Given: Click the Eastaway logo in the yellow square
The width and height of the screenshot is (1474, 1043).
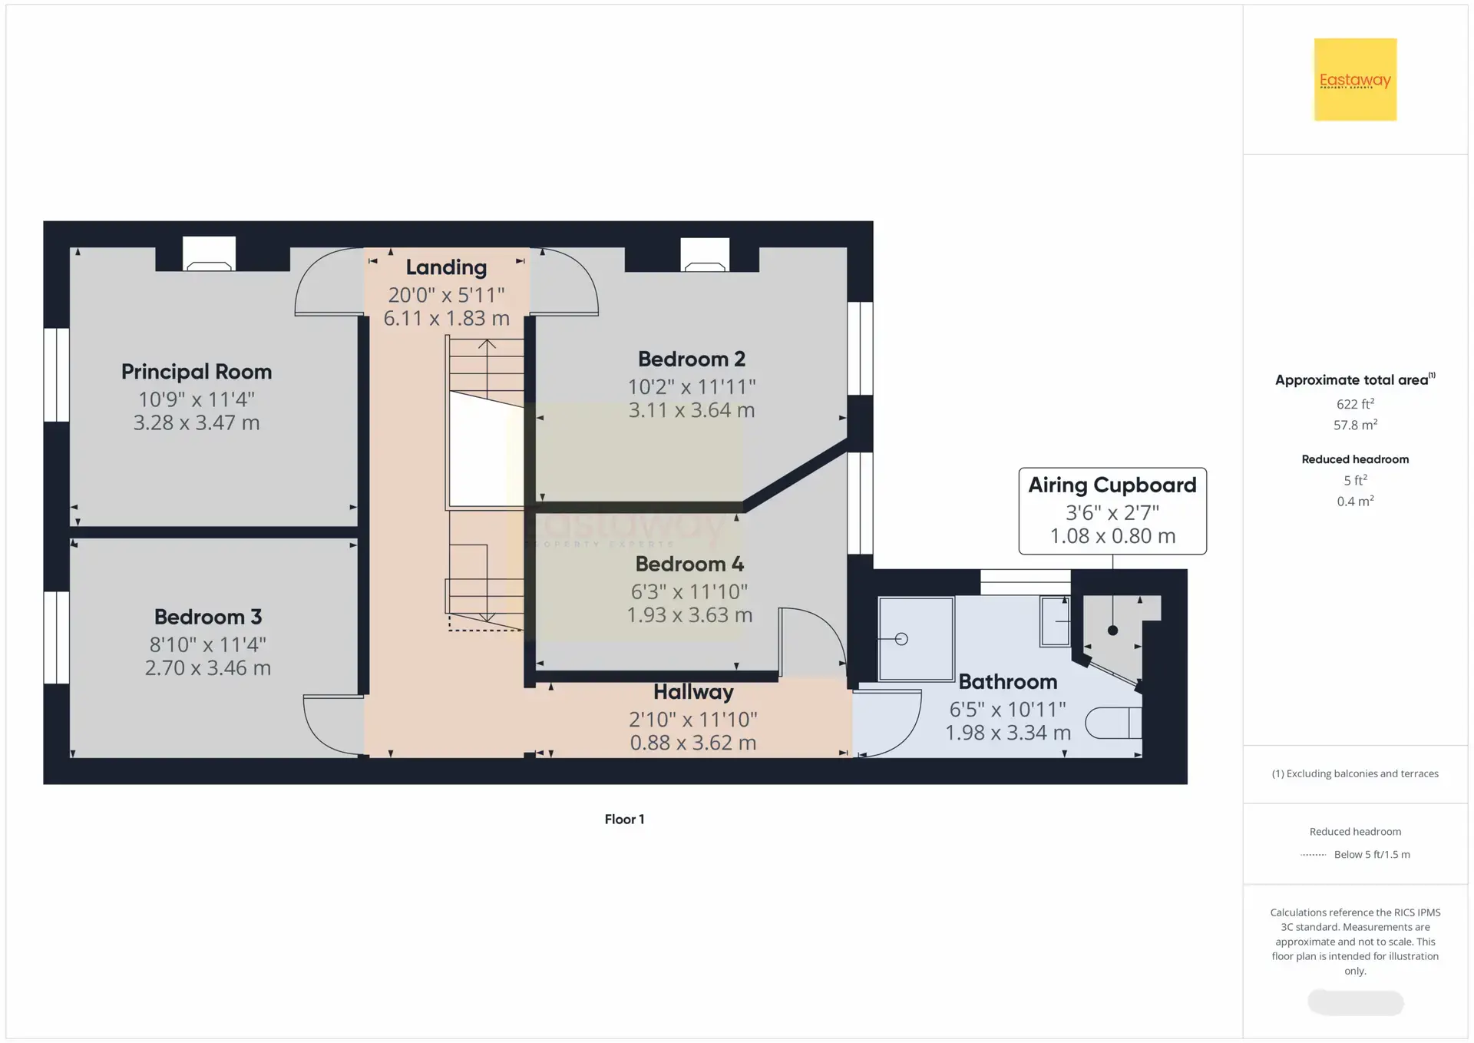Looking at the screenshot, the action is [x=1355, y=80].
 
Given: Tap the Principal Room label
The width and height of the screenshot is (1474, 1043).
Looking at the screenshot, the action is [x=197, y=372].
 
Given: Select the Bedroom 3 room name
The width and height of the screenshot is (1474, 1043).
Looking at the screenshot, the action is [x=208, y=617].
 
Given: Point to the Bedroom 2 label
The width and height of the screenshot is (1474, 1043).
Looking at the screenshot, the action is [x=692, y=359].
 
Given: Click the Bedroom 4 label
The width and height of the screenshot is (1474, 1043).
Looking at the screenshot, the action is [x=689, y=564].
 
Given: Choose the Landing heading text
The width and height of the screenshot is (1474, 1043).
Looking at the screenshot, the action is [x=446, y=267].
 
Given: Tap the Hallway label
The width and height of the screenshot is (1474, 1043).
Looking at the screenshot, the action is [x=693, y=692].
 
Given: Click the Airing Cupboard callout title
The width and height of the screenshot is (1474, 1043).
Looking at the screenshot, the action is [x=1112, y=485].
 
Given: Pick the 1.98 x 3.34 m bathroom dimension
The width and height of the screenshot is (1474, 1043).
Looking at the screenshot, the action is [x=1008, y=733].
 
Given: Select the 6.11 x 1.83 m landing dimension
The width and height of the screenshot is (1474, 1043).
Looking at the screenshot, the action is [x=447, y=318].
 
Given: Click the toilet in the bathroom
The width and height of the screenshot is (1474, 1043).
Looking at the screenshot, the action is [x=1113, y=723].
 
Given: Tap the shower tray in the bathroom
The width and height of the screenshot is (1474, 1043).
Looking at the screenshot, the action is [x=916, y=639].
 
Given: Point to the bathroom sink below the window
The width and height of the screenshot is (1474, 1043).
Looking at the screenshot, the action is [x=1055, y=621].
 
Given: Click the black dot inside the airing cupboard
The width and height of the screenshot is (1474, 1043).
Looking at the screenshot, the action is [x=1112, y=631].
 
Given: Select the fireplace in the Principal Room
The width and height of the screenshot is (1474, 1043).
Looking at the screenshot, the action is [x=209, y=253].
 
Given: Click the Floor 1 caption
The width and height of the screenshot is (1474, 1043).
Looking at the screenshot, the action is [x=624, y=819].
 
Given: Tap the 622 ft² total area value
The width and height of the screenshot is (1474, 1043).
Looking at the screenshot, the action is [x=1355, y=404].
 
